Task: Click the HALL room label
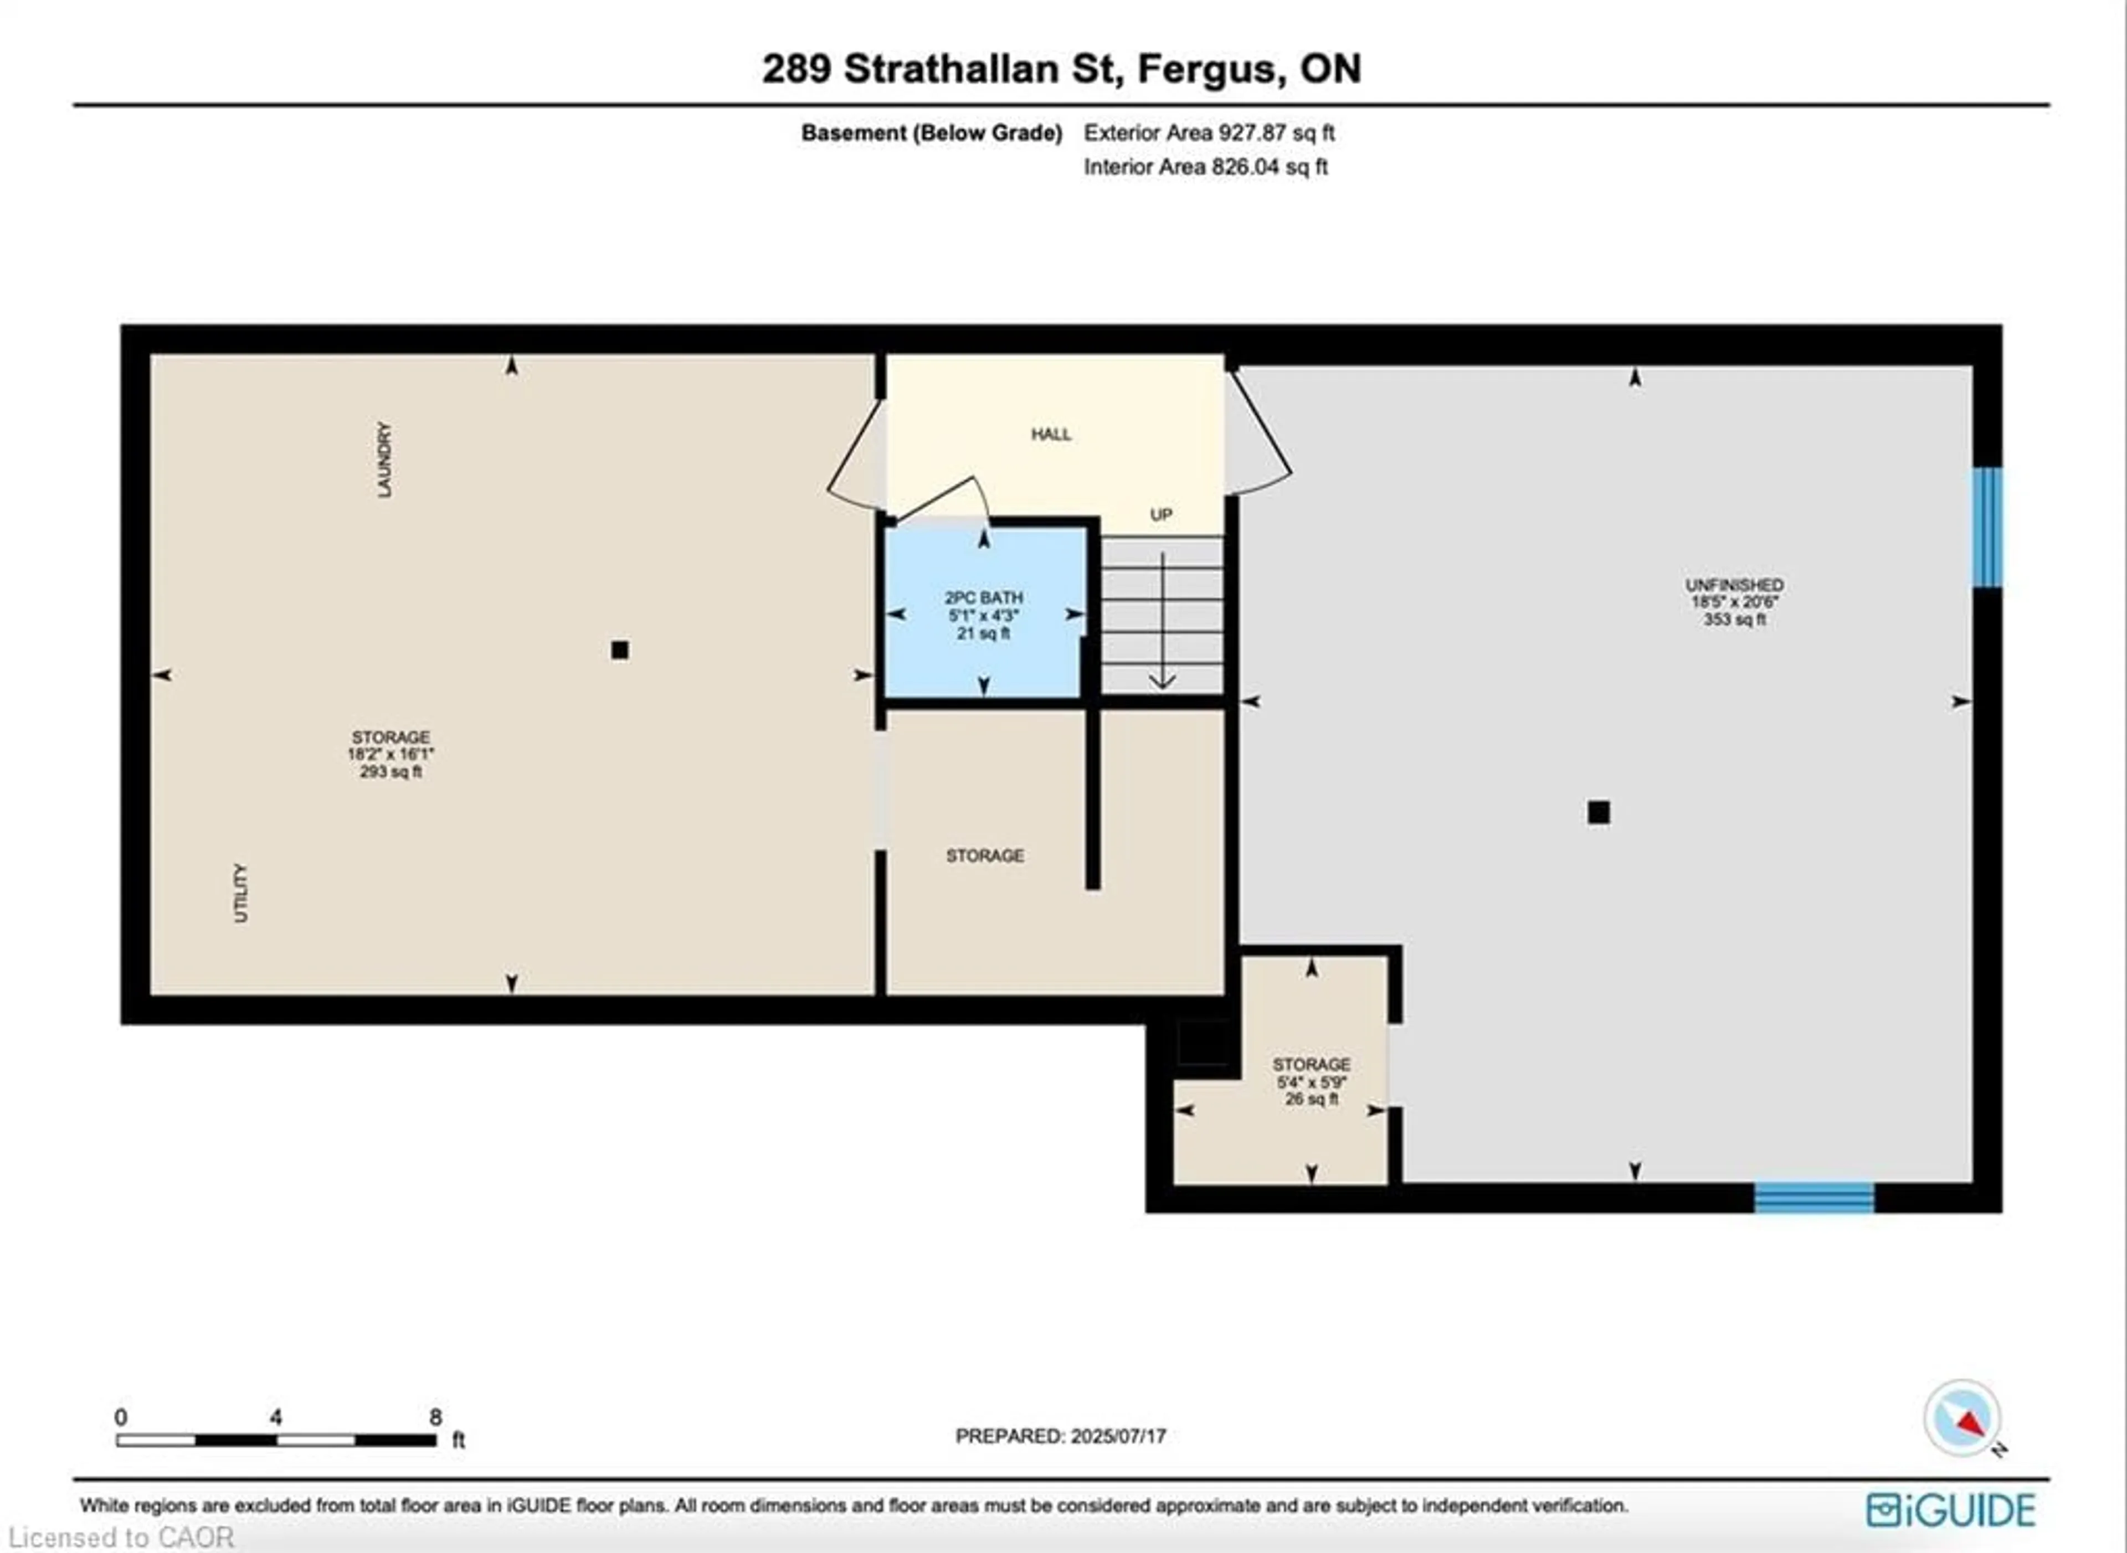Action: pos(1050,434)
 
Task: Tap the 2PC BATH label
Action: pos(984,598)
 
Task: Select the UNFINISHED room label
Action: pos(1734,585)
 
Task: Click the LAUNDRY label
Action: pos(384,460)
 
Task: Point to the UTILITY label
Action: pos(241,893)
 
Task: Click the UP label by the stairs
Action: pos(1162,515)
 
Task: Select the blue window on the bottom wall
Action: pos(1814,1198)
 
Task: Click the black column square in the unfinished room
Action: pos(1599,812)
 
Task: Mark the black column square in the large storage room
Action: pos(620,649)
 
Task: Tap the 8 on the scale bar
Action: pos(435,1417)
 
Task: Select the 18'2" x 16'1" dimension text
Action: pos(391,754)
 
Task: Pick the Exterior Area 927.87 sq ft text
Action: pos(1209,132)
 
